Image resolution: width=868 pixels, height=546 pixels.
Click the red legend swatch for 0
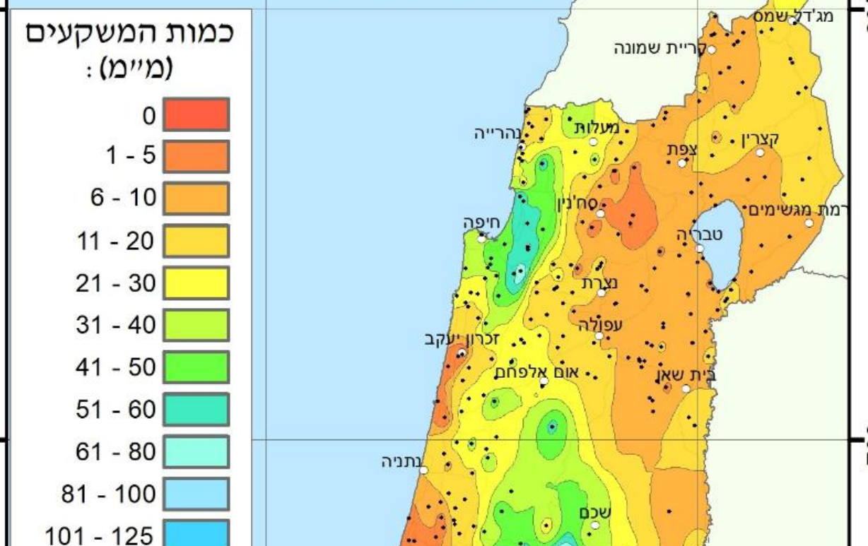tap(196, 114)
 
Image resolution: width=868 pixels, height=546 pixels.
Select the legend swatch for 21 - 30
tap(196, 283)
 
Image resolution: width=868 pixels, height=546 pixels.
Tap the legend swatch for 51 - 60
tap(196, 410)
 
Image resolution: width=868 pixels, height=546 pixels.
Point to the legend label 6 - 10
tap(123, 198)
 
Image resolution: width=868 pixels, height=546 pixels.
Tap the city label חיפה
tap(481, 222)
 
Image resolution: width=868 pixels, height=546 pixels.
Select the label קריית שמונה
tap(657, 48)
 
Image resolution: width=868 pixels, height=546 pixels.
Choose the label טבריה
tap(699, 235)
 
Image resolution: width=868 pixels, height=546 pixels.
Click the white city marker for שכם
tap(595, 524)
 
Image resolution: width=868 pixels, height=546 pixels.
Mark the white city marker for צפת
tap(682, 162)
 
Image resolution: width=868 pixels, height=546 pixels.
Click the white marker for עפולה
tap(599, 336)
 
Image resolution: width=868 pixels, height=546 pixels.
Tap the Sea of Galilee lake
tap(719, 244)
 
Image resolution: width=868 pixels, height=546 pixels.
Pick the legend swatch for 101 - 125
tap(196, 535)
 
